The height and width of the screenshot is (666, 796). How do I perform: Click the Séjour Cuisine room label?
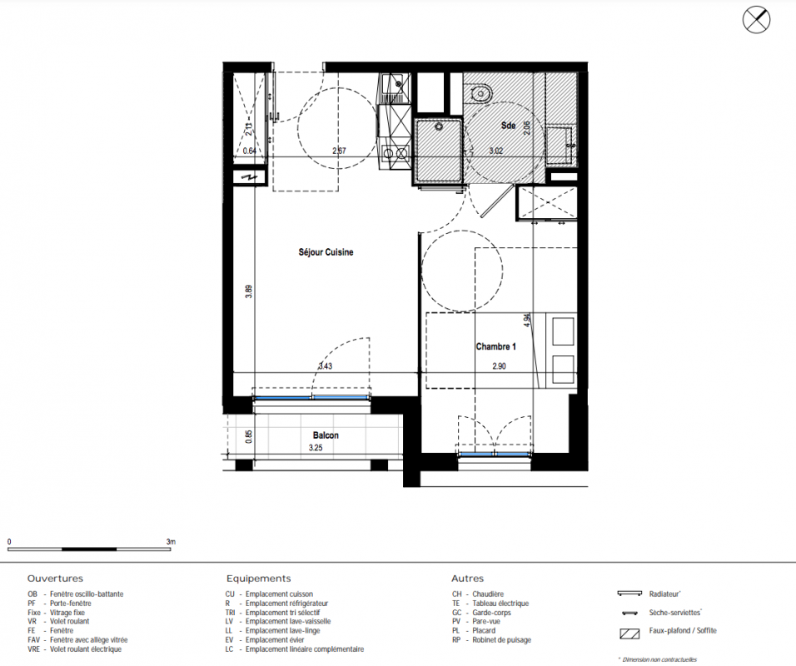(x=326, y=252)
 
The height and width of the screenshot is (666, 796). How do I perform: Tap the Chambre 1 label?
(x=496, y=346)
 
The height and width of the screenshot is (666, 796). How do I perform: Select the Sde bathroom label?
(x=508, y=126)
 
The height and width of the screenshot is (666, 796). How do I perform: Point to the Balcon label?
(x=326, y=435)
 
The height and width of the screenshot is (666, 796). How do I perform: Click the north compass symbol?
(x=756, y=20)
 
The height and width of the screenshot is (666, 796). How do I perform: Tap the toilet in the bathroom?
(x=480, y=93)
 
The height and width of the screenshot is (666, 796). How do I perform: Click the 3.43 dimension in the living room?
(x=326, y=366)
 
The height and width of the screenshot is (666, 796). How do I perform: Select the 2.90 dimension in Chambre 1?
(x=499, y=366)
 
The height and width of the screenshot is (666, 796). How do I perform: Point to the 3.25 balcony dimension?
(x=316, y=448)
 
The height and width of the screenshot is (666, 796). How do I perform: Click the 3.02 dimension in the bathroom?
(x=496, y=151)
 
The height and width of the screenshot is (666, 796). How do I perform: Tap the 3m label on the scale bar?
(x=171, y=542)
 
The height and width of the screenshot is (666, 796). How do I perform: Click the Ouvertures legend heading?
(x=55, y=579)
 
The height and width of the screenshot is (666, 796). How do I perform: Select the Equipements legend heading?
(x=259, y=579)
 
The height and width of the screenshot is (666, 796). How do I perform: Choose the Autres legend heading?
(x=468, y=579)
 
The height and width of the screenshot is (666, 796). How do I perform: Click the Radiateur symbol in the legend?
(x=630, y=594)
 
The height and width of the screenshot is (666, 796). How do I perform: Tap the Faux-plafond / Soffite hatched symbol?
(x=629, y=633)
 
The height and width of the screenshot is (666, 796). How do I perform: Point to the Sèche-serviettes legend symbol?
(x=630, y=614)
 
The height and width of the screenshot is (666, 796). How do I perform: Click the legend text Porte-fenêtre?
(x=71, y=604)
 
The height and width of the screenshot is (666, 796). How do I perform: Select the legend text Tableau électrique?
(x=500, y=604)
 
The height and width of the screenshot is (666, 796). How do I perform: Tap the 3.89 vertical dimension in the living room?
(x=249, y=291)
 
